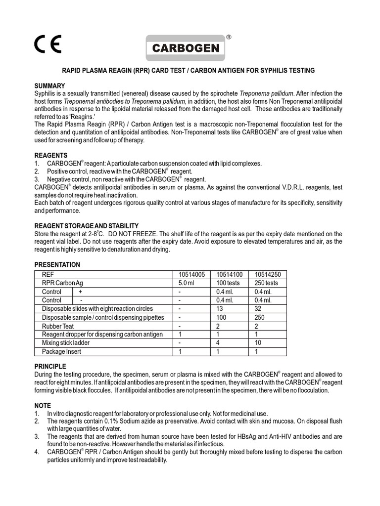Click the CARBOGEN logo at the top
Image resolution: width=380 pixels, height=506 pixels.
(x=186, y=48)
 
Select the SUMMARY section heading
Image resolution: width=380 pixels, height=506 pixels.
(x=49, y=85)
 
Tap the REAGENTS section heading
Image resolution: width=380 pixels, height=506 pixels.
(x=51, y=156)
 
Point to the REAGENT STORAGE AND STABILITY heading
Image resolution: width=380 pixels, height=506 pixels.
(x=87, y=226)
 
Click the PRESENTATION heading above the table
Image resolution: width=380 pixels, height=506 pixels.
(x=57, y=265)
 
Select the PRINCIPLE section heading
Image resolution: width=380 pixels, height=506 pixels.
(x=50, y=367)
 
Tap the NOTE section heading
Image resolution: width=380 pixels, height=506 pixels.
(x=43, y=406)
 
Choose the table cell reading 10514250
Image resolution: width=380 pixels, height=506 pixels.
(x=268, y=274)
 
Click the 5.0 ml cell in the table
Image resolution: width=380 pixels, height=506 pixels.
(x=188, y=283)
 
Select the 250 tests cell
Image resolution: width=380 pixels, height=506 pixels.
(x=266, y=283)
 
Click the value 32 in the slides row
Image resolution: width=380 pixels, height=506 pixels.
(x=258, y=309)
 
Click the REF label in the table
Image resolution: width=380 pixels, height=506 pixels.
(x=48, y=274)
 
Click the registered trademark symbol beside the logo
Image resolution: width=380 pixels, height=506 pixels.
(x=228, y=37)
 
